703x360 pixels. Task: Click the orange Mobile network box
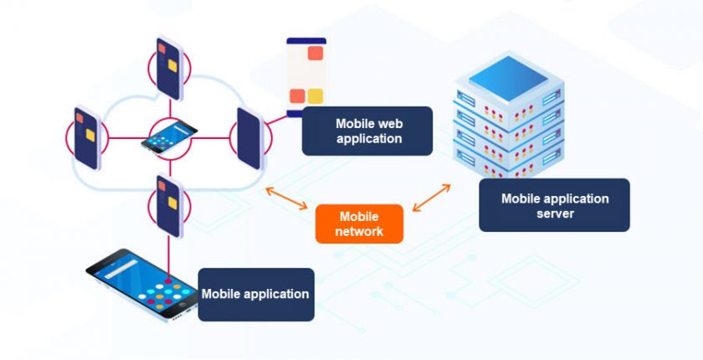[x=359, y=224]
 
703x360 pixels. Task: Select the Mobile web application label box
[x=367, y=131]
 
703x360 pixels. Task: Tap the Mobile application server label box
[x=554, y=205]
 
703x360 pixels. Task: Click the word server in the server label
[x=555, y=213]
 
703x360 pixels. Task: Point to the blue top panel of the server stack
[x=509, y=78]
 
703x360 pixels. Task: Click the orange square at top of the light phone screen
[x=316, y=54]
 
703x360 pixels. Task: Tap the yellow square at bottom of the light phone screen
[x=315, y=95]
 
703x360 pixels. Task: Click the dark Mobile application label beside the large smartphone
[x=255, y=294]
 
